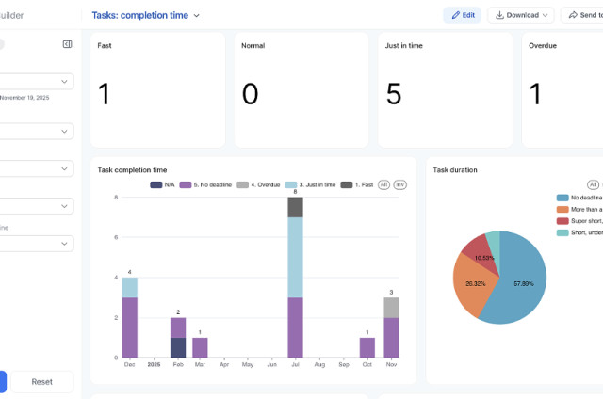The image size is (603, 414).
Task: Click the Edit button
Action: tap(462, 15)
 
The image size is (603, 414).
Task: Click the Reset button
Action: tap(42, 382)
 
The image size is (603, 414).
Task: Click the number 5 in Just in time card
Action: tap(394, 93)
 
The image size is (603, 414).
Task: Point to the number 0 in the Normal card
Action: tap(250, 93)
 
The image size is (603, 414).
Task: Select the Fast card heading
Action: tap(106, 45)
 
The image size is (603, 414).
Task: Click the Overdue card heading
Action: tap(543, 45)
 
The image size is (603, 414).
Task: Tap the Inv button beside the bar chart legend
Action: tap(399, 185)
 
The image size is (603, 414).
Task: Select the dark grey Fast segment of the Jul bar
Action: tap(295, 207)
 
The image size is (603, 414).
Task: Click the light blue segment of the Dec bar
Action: tap(130, 287)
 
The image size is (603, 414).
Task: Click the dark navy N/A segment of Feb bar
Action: tap(178, 347)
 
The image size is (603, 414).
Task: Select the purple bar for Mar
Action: tap(200, 347)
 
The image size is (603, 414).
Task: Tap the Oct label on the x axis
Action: tap(367, 364)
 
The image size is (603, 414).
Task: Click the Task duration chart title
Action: tap(454, 170)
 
